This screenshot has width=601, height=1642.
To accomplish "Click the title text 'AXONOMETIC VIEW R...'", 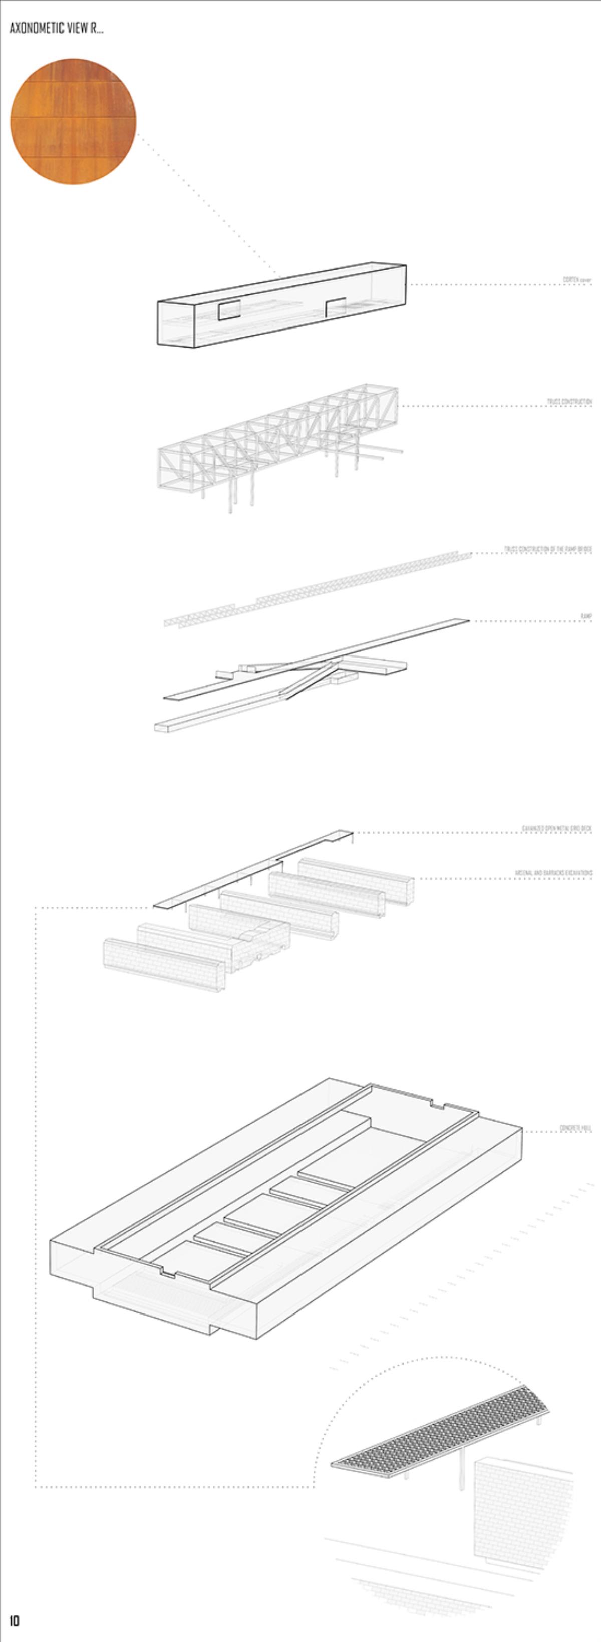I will tap(56, 29).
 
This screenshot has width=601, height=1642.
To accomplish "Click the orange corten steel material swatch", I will tap(73, 122).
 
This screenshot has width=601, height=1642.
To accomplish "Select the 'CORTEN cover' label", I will tap(577, 280).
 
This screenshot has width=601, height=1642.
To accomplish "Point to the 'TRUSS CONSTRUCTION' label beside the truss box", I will tap(569, 402).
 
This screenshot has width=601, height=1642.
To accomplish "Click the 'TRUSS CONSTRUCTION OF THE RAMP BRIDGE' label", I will tap(548, 549).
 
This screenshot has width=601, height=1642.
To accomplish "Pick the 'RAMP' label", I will tap(586, 616).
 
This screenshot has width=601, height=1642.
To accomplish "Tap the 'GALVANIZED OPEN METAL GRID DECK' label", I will tap(556, 829).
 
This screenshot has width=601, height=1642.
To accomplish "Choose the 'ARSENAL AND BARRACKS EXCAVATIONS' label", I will tap(553, 873).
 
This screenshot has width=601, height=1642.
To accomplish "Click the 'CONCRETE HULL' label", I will tap(576, 1128).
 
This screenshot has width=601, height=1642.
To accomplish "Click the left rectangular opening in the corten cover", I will tap(229, 310).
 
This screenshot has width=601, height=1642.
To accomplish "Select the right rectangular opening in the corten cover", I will tap(335, 306).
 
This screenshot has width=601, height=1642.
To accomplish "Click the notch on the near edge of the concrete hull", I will tap(168, 1273).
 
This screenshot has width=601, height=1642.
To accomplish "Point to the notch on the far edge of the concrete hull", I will tap(438, 1103).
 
